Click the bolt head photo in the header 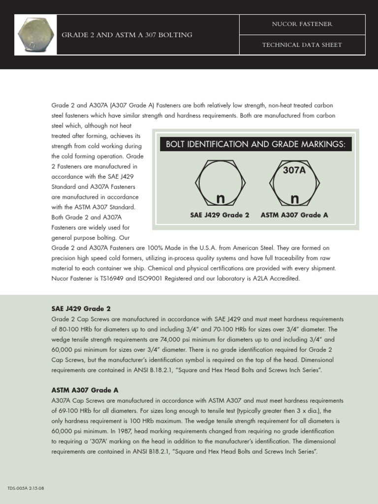tap(35, 34)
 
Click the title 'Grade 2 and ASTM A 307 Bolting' tap(126, 35)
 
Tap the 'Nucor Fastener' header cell tap(302, 24)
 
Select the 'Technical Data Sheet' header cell tap(302, 45)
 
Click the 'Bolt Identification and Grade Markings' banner tap(255, 144)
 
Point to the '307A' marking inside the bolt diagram tap(294, 170)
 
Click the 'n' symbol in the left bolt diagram tap(220, 199)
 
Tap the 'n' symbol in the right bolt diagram tap(294, 199)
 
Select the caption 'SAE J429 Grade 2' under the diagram tap(220, 215)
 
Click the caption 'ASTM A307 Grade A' tap(294, 215)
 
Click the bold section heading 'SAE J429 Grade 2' tap(81, 309)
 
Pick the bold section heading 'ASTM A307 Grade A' tap(85, 390)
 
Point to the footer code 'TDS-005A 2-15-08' tap(26, 488)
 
